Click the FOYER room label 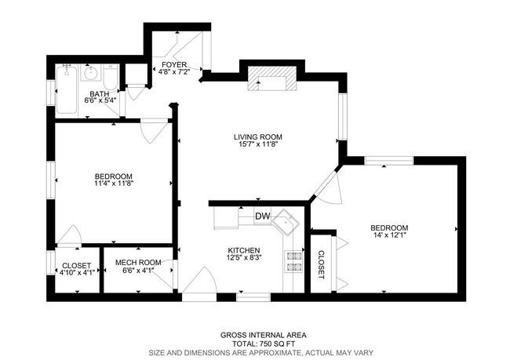[x=173, y=64]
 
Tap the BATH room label [x=99, y=94]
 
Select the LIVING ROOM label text [x=257, y=136]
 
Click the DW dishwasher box [x=262, y=216]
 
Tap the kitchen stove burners [x=294, y=261]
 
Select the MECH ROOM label [x=138, y=263]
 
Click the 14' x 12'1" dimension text [x=389, y=236]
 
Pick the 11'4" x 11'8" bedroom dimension [x=114, y=184]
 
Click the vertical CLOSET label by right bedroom [x=322, y=265]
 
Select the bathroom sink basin [x=91, y=75]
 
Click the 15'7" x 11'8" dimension [x=257, y=145]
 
